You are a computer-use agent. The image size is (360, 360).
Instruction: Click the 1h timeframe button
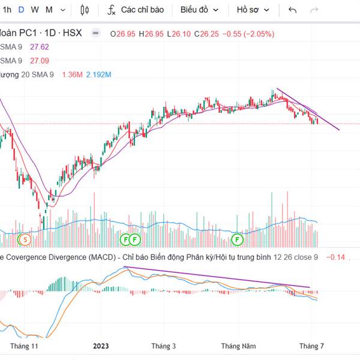tap(7, 10)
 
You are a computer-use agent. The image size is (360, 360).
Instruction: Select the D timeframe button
tap(21, 10)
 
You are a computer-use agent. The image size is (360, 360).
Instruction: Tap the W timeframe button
tap(34, 10)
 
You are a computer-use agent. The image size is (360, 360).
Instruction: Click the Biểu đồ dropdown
tap(200, 10)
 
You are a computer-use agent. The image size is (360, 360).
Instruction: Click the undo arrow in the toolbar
tap(293, 10)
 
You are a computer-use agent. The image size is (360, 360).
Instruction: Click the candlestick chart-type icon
tap(85, 10)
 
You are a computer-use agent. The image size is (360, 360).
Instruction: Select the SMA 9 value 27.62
tap(40, 47)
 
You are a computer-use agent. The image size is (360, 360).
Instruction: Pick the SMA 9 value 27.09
tap(40, 61)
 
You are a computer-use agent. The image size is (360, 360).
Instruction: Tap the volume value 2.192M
tap(99, 74)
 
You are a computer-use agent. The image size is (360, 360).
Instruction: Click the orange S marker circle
tap(25, 239)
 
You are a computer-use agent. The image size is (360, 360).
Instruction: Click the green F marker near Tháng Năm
tap(238, 239)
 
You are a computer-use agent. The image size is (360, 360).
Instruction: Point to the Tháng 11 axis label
tap(24, 346)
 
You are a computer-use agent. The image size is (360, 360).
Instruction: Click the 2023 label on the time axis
tap(101, 346)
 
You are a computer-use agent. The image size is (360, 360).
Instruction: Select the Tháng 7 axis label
tap(311, 346)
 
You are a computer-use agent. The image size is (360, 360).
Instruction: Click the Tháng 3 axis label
tap(164, 346)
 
